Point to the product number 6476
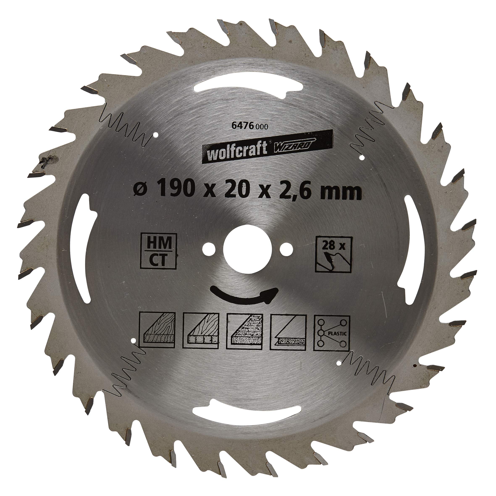pyautogui.click(x=241, y=126)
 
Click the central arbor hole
pyautogui.click(x=247, y=249)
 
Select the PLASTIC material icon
pyautogui.click(x=332, y=333)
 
